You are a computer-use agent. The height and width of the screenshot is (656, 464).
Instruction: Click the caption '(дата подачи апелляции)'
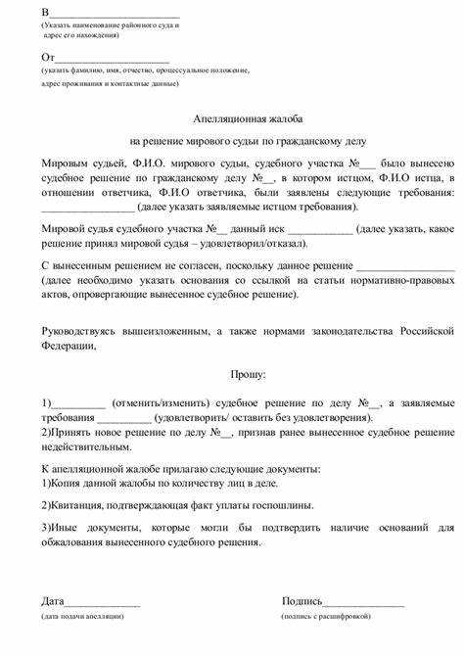click(x=82, y=617)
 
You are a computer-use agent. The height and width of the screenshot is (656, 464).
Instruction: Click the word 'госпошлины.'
click(x=285, y=505)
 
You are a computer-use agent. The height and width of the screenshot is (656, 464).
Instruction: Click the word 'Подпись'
click(x=302, y=600)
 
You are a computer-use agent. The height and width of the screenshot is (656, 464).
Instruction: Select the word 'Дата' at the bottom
click(x=53, y=600)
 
